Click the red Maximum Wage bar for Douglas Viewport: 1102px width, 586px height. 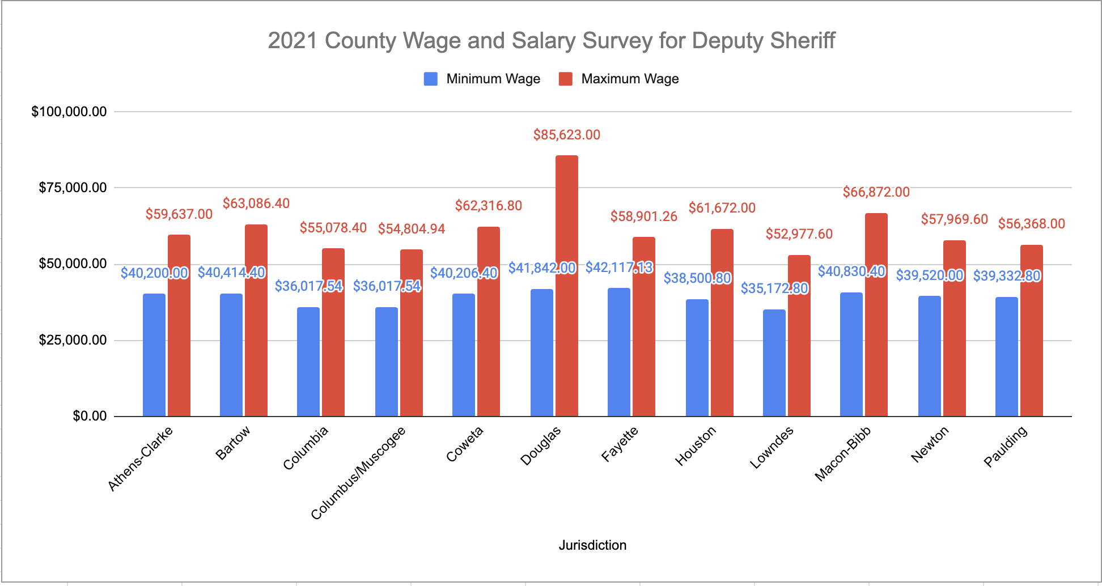tap(567, 286)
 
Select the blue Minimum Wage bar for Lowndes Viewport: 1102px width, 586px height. tap(774, 363)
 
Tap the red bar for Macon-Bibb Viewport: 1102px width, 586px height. tap(876, 315)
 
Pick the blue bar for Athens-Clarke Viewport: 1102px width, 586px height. tap(154, 355)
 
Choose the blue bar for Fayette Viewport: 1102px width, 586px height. tap(619, 352)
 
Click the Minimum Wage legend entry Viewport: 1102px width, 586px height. tap(482, 79)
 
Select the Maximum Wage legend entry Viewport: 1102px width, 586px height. tap(619, 79)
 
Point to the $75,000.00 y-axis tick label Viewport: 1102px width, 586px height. tap(73, 188)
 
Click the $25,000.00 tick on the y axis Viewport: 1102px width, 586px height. tap(73, 340)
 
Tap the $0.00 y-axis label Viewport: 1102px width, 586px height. tap(90, 417)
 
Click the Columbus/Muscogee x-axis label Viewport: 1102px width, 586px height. tap(358, 474)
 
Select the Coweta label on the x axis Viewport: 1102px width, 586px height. tap(465, 444)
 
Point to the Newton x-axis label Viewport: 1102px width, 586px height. tap(930, 444)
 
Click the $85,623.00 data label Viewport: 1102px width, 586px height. tap(567, 135)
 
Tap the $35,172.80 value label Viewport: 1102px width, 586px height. tap(774, 288)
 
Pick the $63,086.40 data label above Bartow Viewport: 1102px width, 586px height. tap(256, 203)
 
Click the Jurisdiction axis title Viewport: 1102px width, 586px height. tap(592, 545)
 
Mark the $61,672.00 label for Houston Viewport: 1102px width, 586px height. tap(722, 208)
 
